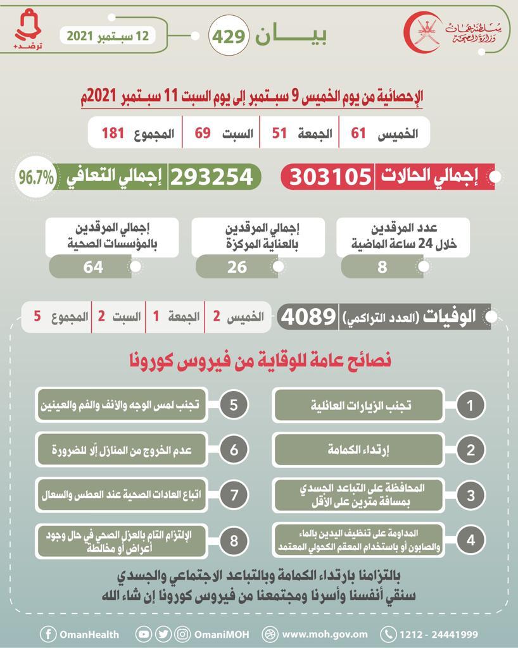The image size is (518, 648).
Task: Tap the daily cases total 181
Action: pyautogui.click(x=111, y=133)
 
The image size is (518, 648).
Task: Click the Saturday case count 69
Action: pyautogui.click(x=202, y=133)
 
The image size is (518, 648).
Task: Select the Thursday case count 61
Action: pyautogui.click(x=358, y=133)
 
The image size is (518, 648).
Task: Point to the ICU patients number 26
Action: pyautogui.click(x=237, y=267)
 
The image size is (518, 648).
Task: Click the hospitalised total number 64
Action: pyautogui.click(x=92, y=267)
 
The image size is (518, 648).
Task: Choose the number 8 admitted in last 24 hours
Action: pyautogui.click(x=382, y=267)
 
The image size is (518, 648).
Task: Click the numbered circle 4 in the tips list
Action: pyautogui.click(x=470, y=540)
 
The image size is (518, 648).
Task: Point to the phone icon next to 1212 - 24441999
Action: pyautogui.click(x=388, y=633)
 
